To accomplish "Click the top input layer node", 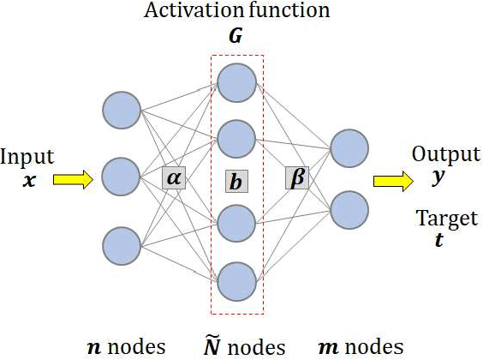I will [121, 109].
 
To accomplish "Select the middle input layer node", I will [121, 177].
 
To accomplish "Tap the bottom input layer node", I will [121, 244].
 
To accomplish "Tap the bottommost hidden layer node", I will [236, 279].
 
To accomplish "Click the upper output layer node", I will [349, 147].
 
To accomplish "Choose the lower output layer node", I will [349, 208].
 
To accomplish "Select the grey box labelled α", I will [174, 178].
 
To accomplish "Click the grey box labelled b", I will [236, 182].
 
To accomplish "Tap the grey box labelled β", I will [297, 178].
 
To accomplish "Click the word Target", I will [445, 220].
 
